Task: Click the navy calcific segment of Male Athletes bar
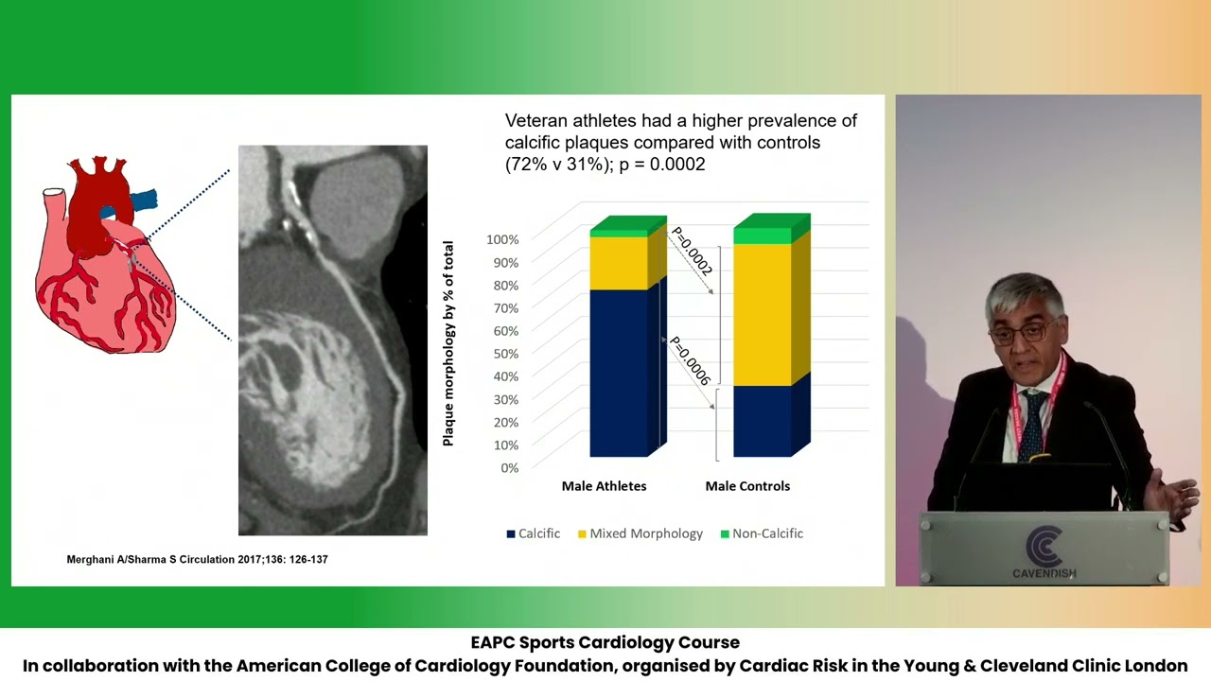619,374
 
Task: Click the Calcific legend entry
534,533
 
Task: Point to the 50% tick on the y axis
502,354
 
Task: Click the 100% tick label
502,239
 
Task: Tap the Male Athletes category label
604,486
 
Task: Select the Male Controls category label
747,486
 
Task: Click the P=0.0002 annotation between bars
692,252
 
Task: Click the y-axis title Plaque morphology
448,343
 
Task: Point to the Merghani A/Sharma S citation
197,560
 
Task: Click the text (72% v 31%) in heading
557,165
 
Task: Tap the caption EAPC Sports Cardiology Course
605,643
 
